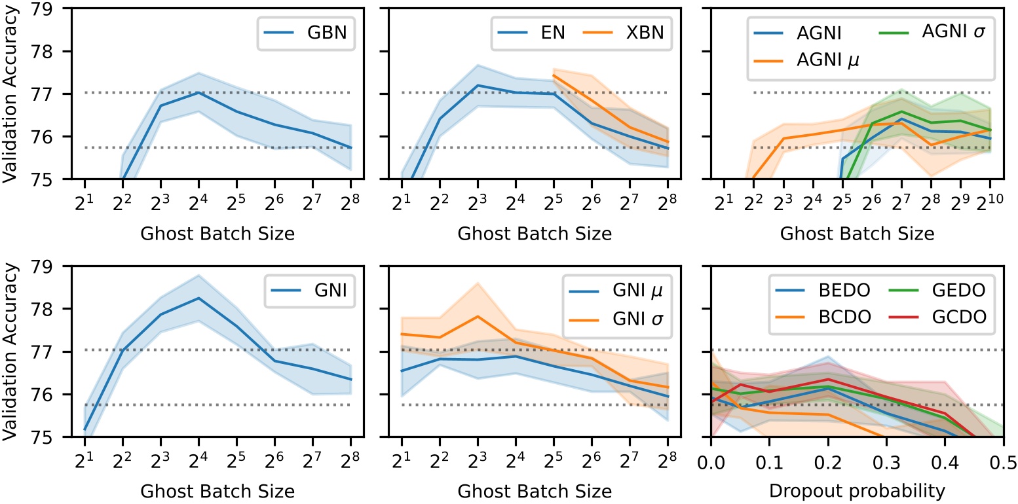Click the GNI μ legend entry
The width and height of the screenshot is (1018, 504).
[x=628, y=290]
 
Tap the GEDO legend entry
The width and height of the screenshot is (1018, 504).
[x=951, y=290]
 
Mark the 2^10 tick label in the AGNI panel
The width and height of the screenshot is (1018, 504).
[x=989, y=197]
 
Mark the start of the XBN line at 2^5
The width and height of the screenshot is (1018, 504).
[x=554, y=75]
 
